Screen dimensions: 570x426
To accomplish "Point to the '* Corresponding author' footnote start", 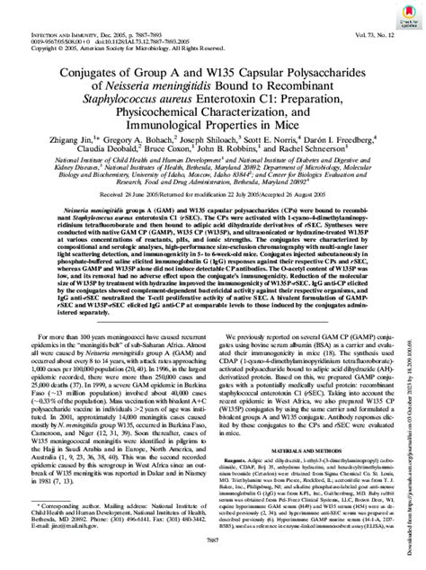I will click(65, 482).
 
